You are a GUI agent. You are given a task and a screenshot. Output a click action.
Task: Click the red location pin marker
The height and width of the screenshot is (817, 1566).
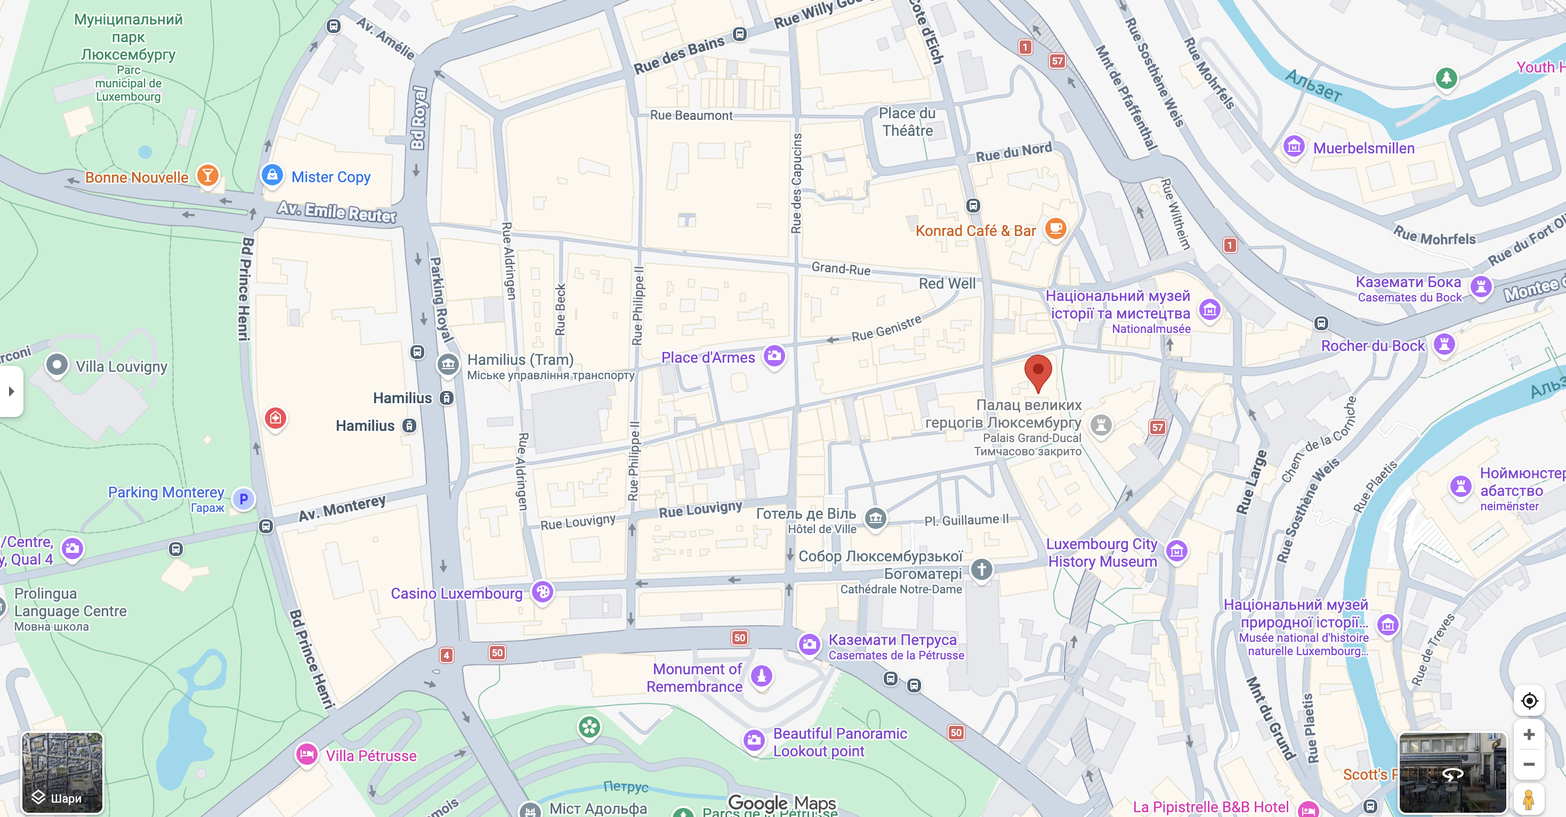click(1038, 371)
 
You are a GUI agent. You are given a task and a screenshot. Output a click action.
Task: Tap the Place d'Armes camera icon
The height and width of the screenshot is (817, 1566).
click(774, 356)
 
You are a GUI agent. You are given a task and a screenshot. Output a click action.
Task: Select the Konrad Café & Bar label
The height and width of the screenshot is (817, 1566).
click(975, 231)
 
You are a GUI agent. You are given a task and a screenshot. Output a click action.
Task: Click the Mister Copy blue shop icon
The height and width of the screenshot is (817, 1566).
click(272, 176)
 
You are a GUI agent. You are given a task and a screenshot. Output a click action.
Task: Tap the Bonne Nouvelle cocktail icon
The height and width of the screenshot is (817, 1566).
click(207, 176)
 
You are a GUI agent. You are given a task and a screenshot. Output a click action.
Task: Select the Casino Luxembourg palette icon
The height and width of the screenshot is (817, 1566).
click(542, 591)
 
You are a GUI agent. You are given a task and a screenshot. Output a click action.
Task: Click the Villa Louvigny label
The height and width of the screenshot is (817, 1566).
click(121, 366)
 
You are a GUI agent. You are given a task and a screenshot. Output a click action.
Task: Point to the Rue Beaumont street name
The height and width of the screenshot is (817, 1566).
click(691, 116)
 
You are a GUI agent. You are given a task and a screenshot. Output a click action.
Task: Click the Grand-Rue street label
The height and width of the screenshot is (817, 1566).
click(840, 268)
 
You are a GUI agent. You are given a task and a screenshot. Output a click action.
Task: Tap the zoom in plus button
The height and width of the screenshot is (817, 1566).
click(1529, 734)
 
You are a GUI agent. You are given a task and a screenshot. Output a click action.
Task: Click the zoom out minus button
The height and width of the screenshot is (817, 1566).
click(1529, 764)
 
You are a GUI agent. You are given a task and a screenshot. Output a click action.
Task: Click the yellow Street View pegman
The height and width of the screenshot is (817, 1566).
click(1528, 798)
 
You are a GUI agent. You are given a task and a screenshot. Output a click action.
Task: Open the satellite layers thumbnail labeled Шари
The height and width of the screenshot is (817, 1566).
click(62, 772)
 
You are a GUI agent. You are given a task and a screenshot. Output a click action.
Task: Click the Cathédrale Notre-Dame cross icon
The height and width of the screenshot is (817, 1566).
click(981, 569)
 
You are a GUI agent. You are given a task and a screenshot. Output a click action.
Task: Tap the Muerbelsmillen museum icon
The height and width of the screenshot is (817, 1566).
click(1294, 146)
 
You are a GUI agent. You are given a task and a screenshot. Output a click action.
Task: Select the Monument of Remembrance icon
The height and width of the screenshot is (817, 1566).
click(761, 675)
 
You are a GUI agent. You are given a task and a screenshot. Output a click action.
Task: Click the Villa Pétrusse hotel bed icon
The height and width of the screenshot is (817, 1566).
click(307, 755)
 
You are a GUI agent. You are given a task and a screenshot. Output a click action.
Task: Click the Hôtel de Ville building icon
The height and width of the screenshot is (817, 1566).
click(875, 518)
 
